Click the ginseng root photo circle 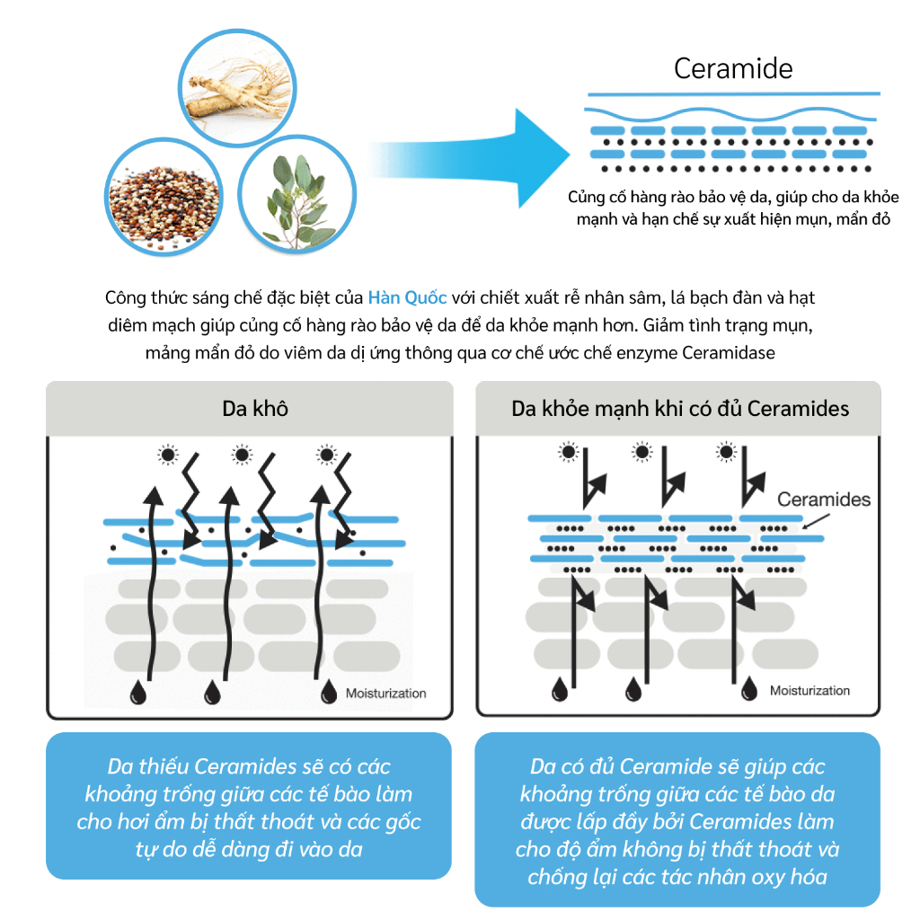click(237, 88)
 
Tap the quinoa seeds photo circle click(164, 197)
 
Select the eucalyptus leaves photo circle click(296, 194)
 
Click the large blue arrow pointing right click(469, 158)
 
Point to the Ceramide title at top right click(733, 68)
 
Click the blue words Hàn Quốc click(407, 297)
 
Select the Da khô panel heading click(255, 409)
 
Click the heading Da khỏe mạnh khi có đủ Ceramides click(680, 409)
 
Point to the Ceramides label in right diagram click(824, 500)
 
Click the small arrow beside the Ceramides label click(816, 522)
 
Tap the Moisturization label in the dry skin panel click(386, 693)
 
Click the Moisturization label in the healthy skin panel click(809, 691)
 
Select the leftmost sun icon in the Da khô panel click(168, 455)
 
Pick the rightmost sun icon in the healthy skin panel click(726, 452)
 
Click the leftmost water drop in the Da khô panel click(137, 692)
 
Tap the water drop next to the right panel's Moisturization click(748, 689)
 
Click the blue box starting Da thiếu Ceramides click(249, 806)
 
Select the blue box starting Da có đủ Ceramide click(677, 819)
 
